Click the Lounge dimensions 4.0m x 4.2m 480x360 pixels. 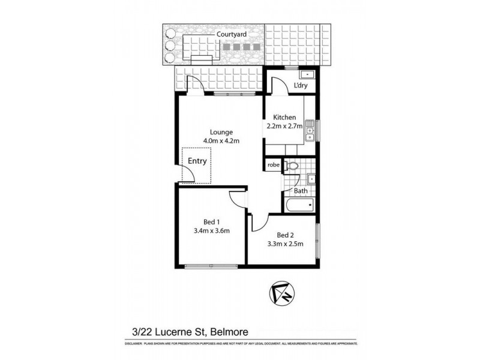221,142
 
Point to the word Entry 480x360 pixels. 197,161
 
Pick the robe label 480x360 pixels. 274,164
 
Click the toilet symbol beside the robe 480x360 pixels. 291,164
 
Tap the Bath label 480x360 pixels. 301,191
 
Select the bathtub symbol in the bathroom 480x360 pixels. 299,206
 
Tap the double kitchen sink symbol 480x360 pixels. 310,131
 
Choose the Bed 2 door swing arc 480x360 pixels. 259,222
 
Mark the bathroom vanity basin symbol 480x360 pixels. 311,178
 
